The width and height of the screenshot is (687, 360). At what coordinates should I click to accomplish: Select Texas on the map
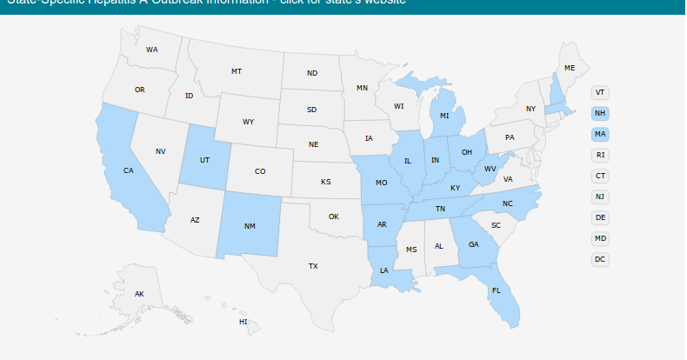(313, 266)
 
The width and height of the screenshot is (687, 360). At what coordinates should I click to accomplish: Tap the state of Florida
(497, 290)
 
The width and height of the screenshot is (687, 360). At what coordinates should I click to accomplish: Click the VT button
(600, 92)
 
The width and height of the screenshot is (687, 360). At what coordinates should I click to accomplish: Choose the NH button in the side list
(600, 113)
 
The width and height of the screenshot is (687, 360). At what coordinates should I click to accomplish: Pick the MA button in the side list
(600, 134)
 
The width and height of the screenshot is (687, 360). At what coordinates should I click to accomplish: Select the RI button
(600, 155)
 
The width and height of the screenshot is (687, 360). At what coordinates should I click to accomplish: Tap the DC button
(600, 259)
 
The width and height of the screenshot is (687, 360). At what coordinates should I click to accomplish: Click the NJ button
(600, 197)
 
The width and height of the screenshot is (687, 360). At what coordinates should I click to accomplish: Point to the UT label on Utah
(204, 160)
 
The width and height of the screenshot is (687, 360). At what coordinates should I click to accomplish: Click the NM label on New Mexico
(250, 226)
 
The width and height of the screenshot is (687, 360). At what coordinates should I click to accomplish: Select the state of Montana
(236, 71)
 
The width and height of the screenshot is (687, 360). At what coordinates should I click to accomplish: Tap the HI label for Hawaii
(243, 322)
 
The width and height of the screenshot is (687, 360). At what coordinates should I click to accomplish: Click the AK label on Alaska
(139, 294)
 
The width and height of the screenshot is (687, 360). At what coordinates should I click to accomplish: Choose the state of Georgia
(473, 244)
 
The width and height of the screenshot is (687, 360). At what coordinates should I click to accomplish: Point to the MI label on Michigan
(444, 116)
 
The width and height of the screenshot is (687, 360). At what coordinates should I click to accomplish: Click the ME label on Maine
(570, 68)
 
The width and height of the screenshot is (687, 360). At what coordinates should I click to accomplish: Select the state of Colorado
(260, 171)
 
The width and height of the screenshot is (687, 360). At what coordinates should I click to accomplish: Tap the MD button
(600, 238)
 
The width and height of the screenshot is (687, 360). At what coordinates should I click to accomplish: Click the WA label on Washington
(152, 50)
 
